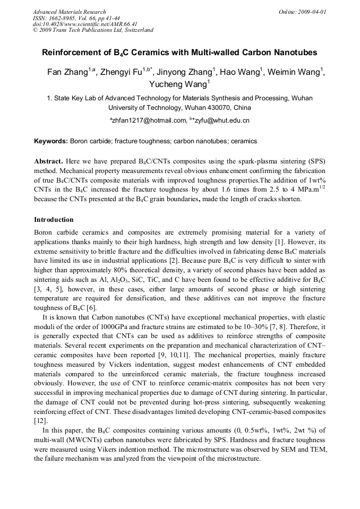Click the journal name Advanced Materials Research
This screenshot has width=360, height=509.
[69, 12]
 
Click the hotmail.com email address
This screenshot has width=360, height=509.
[147, 121]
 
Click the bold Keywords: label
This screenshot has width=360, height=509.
[51, 142]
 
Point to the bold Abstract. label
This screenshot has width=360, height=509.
[49, 161]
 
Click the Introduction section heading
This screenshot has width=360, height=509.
[54, 219]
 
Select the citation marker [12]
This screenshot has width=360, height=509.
[39, 421]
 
